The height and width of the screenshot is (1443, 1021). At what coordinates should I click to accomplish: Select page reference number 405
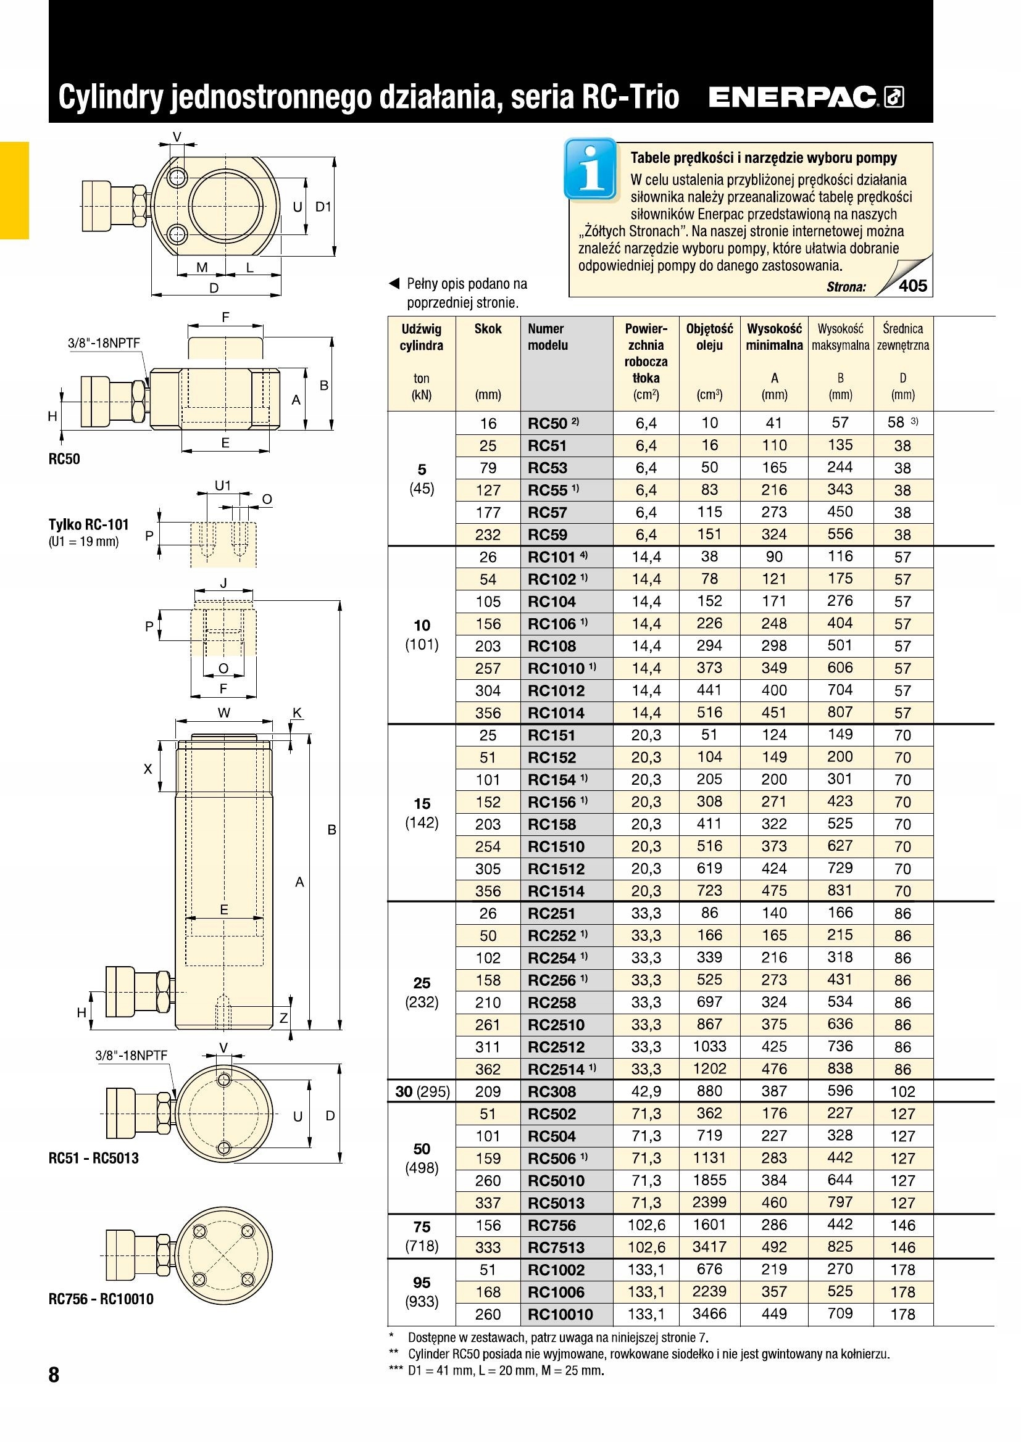point(913,286)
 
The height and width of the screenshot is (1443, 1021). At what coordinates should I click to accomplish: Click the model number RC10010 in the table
point(560,1314)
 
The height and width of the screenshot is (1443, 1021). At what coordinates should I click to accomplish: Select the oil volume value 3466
point(709,1313)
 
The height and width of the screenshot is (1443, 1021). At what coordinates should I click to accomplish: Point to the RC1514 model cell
point(556,891)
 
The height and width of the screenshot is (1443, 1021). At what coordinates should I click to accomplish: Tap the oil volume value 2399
point(709,1202)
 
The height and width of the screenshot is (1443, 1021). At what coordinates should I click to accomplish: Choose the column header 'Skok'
point(488,329)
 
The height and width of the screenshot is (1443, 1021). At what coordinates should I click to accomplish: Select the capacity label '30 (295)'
point(422,1092)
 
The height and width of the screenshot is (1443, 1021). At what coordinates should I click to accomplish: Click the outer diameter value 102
point(903,1092)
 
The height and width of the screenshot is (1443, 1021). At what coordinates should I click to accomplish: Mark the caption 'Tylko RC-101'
point(89,524)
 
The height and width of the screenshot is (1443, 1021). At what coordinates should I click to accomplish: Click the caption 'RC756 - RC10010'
point(101,1299)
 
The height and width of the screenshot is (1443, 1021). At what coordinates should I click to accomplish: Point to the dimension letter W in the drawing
point(224,712)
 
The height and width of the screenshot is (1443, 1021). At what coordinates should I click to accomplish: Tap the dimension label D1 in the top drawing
point(323,206)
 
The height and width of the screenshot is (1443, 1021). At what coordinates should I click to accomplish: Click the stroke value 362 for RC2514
point(488,1070)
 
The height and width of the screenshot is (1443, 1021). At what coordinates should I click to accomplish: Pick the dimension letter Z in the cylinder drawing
point(283,1018)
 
